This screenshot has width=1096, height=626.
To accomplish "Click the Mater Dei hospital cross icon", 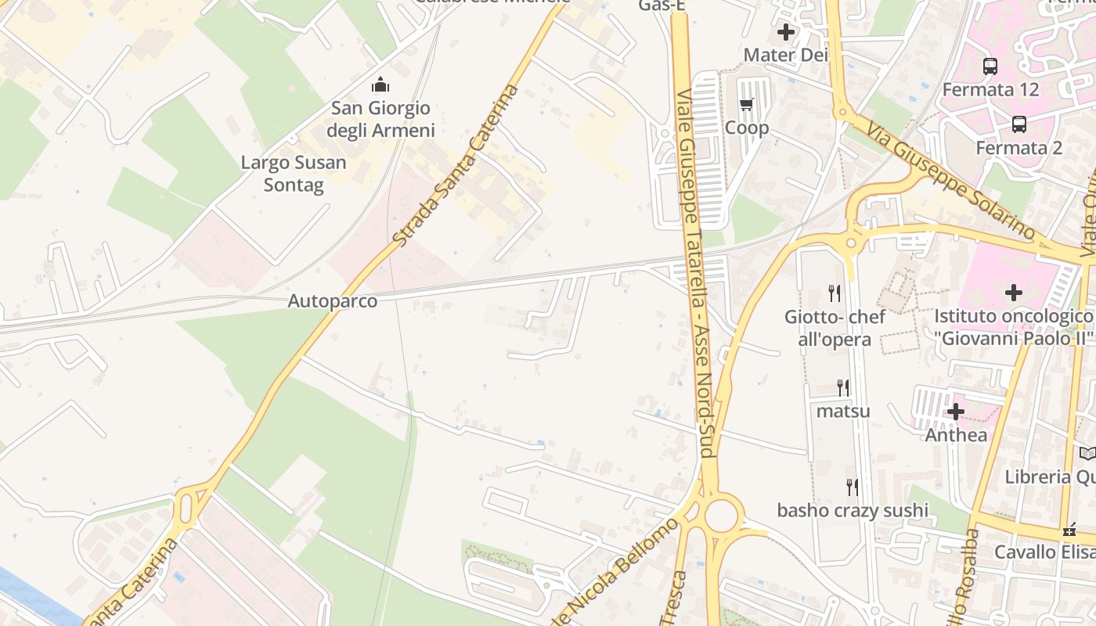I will (x=786, y=32).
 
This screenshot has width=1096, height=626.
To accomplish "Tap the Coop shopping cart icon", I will (x=747, y=104).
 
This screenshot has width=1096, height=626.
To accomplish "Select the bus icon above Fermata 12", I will (x=990, y=67).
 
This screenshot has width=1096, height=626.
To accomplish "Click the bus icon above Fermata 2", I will (x=1019, y=124).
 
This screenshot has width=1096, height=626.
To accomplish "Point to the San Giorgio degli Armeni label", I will (x=380, y=119).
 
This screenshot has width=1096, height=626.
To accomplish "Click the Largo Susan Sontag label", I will (x=294, y=174).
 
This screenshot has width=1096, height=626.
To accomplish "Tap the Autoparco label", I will (x=333, y=301).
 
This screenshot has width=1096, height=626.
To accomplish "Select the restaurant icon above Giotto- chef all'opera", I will (x=835, y=293).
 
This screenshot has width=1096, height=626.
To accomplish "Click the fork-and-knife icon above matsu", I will (x=843, y=387).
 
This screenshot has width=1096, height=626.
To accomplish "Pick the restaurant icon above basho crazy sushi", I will (x=853, y=487).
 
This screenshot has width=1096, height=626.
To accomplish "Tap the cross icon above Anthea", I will (x=956, y=412).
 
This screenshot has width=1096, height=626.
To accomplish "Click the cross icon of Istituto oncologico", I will (x=1014, y=293).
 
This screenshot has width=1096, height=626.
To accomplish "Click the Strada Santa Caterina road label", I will (x=456, y=165).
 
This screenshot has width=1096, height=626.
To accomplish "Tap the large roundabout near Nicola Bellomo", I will (x=721, y=516).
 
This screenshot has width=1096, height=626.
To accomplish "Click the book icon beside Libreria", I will (x=1087, y=453).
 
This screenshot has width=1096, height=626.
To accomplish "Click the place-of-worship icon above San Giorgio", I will (x=380, y=85).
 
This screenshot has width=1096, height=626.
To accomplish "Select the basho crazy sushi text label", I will (x=853, y=511).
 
